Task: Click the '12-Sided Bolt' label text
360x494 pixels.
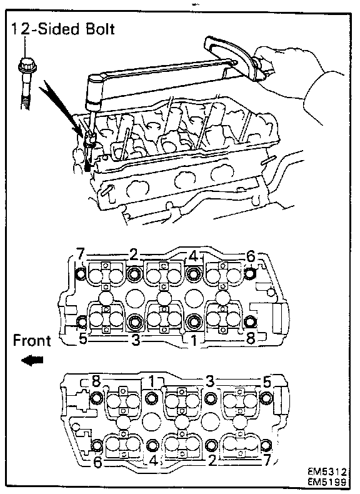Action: (63, 29)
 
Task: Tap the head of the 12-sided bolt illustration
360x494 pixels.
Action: (27, 65)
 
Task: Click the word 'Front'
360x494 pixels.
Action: (32, 341)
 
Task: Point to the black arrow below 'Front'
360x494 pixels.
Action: (32, 361)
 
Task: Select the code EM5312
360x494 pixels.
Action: (327, 471)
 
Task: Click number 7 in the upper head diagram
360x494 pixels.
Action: (81, 253)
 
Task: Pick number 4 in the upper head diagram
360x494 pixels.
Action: (193, 256)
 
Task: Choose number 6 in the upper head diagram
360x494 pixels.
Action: (251, 257)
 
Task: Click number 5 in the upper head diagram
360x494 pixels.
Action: (83, 340)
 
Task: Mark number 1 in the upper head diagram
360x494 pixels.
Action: (194, 341)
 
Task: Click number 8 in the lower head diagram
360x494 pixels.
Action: (96, 381)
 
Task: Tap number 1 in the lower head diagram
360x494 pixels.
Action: (152, 382)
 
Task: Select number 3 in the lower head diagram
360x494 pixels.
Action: (209, 382)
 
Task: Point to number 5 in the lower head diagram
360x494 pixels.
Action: (266, 382)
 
